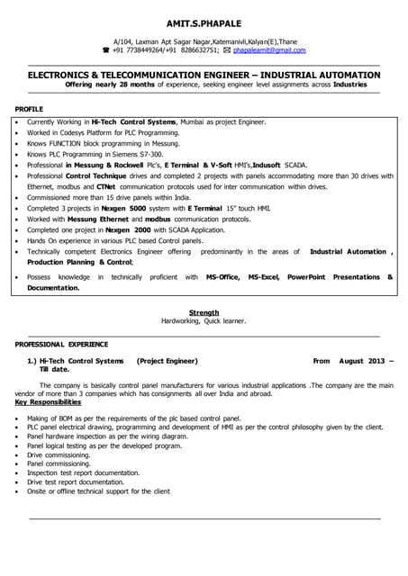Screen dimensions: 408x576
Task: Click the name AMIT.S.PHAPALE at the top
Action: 204,22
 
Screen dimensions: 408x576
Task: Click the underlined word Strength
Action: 203,311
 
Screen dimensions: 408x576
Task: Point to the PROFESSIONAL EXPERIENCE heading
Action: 61,345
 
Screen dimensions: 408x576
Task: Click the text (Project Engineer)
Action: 167,360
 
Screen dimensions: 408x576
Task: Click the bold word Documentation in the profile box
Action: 53,288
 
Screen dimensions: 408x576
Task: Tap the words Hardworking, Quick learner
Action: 203,321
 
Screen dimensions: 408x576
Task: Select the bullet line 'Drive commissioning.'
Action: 60,455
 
